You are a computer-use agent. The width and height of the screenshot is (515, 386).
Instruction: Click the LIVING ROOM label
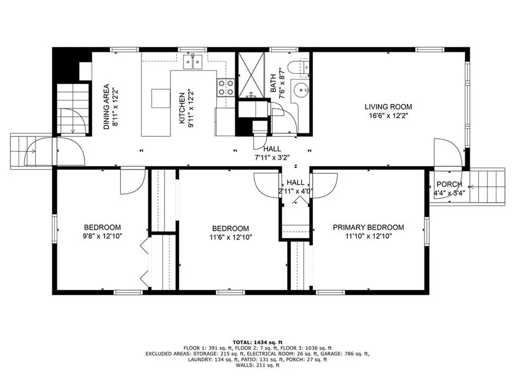[x=388, y=107]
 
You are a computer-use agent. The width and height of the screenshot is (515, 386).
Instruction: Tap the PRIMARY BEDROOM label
[x=368, y=227]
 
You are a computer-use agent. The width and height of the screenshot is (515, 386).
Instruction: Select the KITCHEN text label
[x=182, y=109]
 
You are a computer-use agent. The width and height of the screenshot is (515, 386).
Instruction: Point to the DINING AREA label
[x=106, y=107]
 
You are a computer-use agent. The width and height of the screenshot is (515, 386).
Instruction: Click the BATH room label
[x=273, y=83]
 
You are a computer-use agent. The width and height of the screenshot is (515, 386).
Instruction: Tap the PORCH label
[x=449, y=184]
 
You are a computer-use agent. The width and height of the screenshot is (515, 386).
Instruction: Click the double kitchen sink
[x=193, y=62]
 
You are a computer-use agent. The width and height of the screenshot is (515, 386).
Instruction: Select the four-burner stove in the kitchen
[x=226, y=87]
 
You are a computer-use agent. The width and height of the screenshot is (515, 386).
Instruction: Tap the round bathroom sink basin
[x=301, y=89]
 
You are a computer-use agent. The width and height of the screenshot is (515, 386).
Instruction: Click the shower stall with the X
[x=251, y=75]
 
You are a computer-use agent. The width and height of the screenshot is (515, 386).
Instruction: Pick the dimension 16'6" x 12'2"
[x=388, y=116]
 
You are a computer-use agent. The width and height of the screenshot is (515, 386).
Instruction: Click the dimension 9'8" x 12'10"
[x=103, y=236]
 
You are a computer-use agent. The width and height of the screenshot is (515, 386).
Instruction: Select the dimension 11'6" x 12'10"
[x=230, y=237]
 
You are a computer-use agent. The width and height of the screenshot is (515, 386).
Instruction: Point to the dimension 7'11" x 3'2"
[x=272, y=157]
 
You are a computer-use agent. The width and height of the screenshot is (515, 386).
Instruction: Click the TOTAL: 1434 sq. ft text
[x=257, y=342]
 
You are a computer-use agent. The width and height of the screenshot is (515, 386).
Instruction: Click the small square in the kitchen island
[x=161, y=98]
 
